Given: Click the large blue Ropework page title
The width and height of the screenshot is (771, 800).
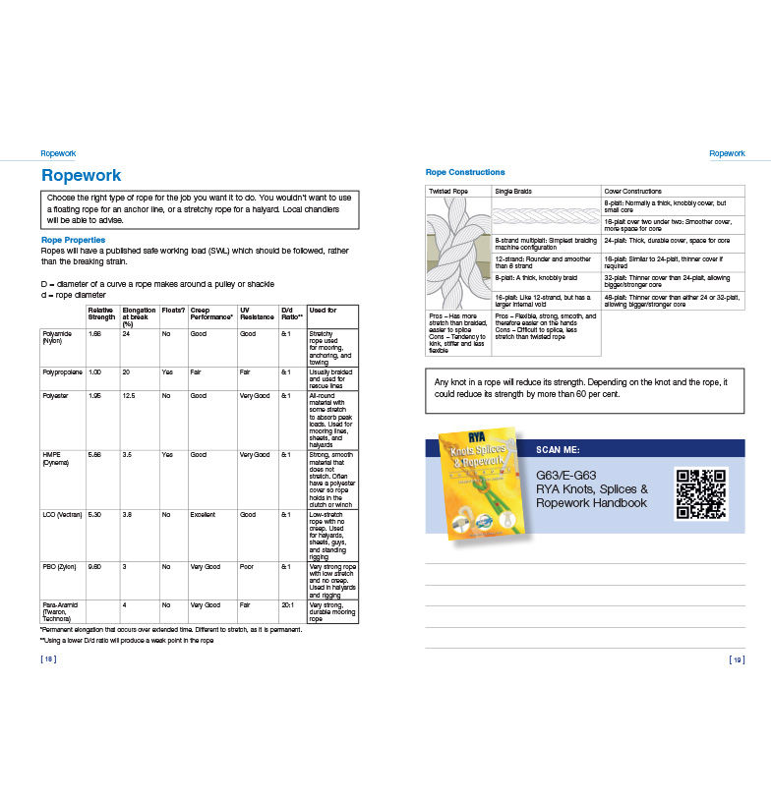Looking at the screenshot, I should point(82,175).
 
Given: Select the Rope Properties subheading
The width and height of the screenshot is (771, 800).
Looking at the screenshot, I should point(73,240).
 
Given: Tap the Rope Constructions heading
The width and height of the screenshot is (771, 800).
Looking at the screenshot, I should point(465,172).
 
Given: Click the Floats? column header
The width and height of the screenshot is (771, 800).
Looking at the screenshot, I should point(173,311).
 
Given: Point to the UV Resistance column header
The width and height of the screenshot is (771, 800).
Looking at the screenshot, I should point(256,314).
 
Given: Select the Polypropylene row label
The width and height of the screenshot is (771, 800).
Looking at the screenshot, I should point(61,371).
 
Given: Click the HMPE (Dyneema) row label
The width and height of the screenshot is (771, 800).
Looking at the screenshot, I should point(55,458).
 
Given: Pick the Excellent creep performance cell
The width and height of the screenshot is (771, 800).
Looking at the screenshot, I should point(205,514).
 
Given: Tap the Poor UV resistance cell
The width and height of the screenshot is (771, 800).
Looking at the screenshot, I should point(247,567).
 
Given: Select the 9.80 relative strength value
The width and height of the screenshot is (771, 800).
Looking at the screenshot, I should point(95,567).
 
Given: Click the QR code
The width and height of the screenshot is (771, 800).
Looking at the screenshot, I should point(701,493).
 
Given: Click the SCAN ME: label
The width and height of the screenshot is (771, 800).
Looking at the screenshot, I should point(558,448).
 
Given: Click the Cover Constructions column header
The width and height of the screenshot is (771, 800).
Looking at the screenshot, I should point(633,191).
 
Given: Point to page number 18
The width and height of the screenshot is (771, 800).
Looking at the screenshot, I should point(48,659).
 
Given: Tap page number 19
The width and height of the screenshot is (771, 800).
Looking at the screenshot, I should point(737,659).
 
